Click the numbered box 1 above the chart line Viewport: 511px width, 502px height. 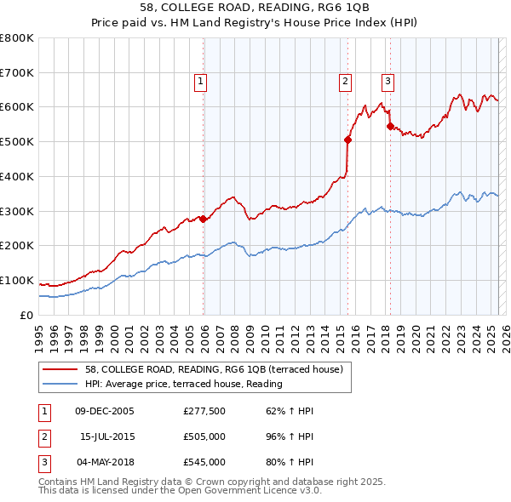(x=200, y=82)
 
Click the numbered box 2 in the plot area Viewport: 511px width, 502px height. (x=345, y=82)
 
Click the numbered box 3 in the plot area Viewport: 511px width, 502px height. (x=388, y=82)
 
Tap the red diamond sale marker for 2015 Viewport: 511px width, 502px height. (x=348, y=140)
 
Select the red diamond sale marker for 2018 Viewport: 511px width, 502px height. (x=390, y=126)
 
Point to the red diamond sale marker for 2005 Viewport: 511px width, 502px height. (x=204, y=219)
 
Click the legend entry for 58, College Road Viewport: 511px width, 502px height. (x=213, y=369)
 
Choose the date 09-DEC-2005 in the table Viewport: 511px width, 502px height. (x=105, y=411)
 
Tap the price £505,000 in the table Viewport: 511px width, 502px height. (x=204, y=436)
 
